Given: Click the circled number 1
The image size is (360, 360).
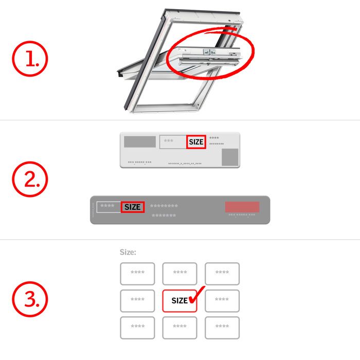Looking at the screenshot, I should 30,60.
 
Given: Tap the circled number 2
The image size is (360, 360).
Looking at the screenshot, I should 30,179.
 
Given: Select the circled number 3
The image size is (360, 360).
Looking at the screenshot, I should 30,298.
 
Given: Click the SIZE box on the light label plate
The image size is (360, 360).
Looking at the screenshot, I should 196,142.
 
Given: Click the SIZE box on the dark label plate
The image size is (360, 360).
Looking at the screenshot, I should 132,207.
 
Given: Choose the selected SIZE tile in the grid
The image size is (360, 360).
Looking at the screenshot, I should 180,300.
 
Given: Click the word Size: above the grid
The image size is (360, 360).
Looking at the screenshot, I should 128,252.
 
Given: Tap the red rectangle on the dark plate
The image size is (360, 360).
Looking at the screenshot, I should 242,207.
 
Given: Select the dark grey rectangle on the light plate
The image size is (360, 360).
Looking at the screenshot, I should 140,141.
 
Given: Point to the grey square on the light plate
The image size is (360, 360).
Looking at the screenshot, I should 229,157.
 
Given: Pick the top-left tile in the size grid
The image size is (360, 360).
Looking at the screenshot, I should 137,274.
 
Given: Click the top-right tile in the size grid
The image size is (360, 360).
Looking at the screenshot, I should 222,274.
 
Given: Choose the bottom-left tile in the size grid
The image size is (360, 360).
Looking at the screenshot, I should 137,328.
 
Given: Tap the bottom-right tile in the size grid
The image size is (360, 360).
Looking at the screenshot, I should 222,328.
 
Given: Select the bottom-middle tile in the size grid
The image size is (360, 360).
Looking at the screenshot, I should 180,328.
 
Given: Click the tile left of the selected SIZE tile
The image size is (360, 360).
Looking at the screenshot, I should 137,300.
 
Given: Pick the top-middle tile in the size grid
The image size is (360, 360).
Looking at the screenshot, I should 180,274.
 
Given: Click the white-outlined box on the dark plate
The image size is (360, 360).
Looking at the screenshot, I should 109,207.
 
